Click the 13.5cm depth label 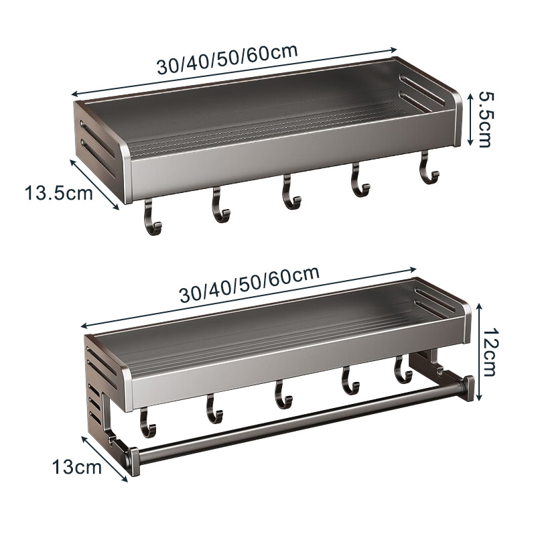(x=59, y=193)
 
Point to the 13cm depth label (x=77, y=466)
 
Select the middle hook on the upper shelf (x=291, y=192)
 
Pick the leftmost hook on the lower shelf (x=147, y=423)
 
